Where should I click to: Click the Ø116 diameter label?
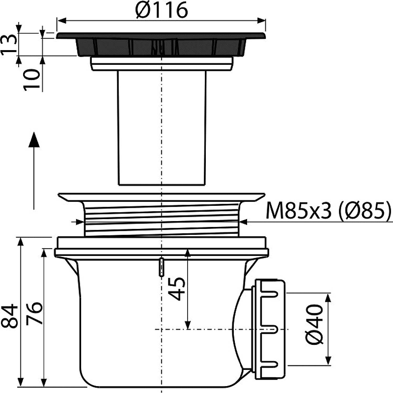tap(162, 10)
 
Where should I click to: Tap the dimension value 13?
tap(8, 45)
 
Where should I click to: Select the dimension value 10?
tap(31, 80)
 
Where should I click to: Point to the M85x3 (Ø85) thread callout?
tap(328, 211)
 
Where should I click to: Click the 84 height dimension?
tap(9, 316)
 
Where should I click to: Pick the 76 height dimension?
tap(34, 313)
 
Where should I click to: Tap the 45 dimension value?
tap(177, 289)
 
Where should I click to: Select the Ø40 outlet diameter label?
tap(314, 324)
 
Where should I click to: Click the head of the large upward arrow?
tap(34, 140)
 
